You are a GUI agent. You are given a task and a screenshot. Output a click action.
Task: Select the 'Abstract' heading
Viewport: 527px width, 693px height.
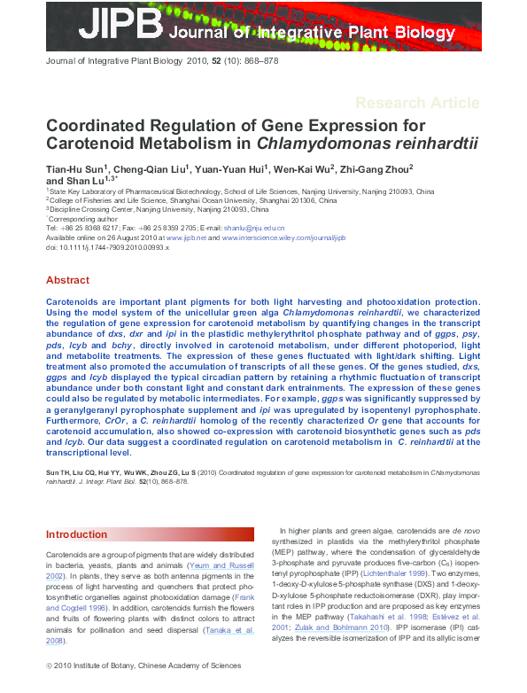click(67, 280)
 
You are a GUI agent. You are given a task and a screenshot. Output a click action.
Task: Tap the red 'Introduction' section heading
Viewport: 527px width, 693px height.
click(76, 534)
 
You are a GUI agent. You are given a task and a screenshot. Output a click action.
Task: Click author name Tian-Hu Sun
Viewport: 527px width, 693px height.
click(76, 168)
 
